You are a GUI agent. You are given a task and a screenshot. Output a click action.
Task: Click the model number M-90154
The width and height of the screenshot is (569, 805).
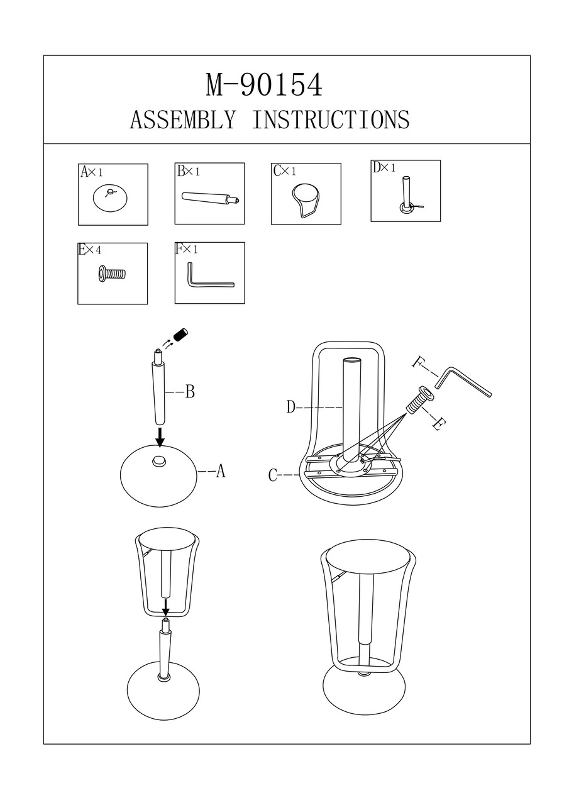click(x=265, y=86)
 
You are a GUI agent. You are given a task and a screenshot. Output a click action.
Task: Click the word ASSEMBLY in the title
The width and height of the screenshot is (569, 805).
click(x=183, y=119)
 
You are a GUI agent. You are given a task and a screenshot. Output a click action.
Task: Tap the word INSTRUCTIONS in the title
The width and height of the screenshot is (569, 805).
click(x=331, y=119)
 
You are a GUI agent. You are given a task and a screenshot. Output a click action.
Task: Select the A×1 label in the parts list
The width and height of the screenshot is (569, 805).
click(x=92, y=172)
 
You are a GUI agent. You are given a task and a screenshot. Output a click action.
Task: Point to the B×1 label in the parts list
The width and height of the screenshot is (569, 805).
click(x=188, y=171)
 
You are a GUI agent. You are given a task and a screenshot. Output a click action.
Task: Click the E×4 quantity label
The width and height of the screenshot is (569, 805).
click(x=90, y=250)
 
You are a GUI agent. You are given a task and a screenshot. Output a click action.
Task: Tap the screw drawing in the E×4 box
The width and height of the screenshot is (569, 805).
click(x=113, y=274)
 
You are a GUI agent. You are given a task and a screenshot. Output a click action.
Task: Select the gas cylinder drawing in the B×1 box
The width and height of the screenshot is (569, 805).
click(x=210, y=198)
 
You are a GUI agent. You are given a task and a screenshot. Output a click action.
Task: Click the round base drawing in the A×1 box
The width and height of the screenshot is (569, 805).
click(x=111, y=198)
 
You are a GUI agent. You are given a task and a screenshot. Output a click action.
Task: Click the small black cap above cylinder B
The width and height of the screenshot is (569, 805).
click(x=182, y=335)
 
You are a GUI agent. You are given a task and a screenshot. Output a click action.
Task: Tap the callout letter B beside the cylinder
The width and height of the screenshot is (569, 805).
click(x=189, y=392)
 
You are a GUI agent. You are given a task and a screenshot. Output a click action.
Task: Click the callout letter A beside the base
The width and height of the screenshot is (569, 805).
click(x=220, y=471)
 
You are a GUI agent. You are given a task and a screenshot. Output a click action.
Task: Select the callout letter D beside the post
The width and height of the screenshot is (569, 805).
click(x=291, y=408)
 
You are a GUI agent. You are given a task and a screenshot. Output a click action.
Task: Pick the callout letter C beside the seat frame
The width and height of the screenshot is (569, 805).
click(x=273, y=476)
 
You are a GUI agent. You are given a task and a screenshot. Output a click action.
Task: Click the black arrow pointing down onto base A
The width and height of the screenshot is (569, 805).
click(x=160, y=437)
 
